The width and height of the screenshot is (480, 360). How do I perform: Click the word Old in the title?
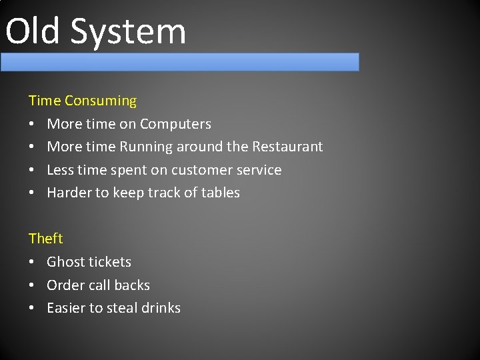pos(33,31)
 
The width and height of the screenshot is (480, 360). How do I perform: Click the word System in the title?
pos(127,32)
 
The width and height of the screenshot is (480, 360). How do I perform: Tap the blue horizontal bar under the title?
pos(180,62)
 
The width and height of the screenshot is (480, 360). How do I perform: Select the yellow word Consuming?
pos(101,101)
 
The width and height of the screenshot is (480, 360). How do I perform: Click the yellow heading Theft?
pos(46,239)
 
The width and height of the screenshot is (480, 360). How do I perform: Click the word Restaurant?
pos(287,147)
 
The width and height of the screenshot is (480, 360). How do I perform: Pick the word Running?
pos(146,147)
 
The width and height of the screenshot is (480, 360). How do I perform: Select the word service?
pos(262,170)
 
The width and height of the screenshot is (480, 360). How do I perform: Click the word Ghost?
pos(65,262)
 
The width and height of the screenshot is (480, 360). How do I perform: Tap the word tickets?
pos(109,262)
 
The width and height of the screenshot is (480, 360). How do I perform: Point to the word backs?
pos(131,285)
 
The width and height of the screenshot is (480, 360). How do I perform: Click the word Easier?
pos(66,308)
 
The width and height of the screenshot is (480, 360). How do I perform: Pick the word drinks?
pos(160,308)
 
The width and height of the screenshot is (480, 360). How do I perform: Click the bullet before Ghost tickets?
pos(32,263)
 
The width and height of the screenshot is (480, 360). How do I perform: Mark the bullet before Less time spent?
pos(32,171)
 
